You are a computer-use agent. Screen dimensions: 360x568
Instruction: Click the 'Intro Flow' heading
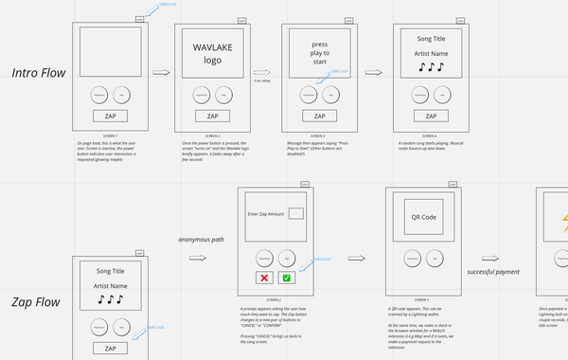click(x=39, y=73)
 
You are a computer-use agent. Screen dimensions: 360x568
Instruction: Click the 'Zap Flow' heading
click(x=36, y=303)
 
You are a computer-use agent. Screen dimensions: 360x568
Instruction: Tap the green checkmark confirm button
click(x=288, y=278)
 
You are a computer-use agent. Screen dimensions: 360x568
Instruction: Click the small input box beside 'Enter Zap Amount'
click(x=296, y=215)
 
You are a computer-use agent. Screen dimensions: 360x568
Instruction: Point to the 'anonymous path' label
click(x=202, y=239)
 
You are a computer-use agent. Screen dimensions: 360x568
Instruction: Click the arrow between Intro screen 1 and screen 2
click(x=161, y=72)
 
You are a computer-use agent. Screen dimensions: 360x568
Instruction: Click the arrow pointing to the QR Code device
click(x=358, y=258)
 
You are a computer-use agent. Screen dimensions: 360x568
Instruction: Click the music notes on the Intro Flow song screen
click(x=432, y=67)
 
